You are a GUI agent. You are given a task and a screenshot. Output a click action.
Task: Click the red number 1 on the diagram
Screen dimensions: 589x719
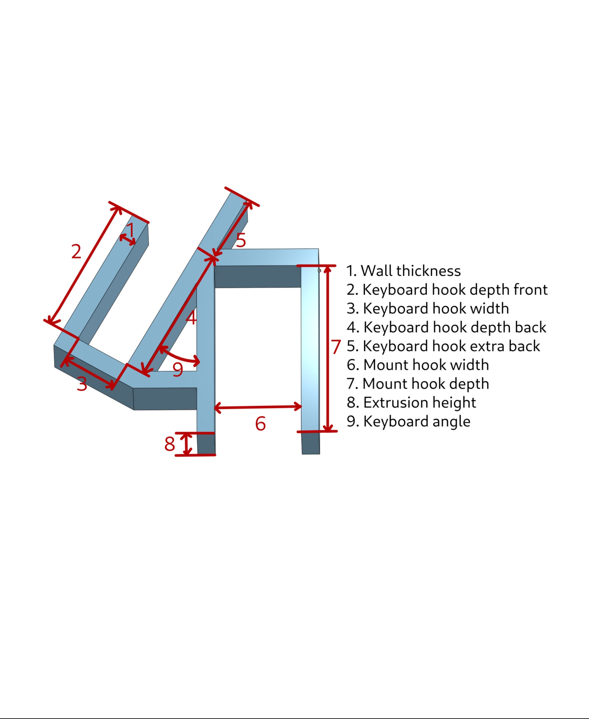[x=131, y=230]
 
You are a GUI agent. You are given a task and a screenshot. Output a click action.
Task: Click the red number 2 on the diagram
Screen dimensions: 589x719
[x=76, y=251]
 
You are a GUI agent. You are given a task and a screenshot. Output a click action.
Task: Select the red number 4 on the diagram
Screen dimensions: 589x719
[x=191, y=317]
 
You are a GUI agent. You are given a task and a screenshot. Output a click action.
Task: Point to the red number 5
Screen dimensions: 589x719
[x=241, y=240]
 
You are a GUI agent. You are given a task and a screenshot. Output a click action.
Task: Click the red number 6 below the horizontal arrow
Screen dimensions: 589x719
[x=260, y=423]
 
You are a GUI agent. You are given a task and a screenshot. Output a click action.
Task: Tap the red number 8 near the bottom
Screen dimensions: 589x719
[x=169, y=444]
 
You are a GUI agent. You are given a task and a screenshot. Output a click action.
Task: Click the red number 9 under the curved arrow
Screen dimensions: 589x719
[x=178, y=369]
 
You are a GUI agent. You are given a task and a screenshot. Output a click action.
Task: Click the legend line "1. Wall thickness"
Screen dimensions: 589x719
[x=404, y=271]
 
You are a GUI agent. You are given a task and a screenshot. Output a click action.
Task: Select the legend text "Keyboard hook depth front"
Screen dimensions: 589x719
[x=455, y=290]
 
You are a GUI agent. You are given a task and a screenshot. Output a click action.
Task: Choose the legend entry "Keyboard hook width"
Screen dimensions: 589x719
[x=436, y=308]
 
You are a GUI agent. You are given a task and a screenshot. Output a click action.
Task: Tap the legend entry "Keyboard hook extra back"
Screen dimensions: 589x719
[x=451, y=346]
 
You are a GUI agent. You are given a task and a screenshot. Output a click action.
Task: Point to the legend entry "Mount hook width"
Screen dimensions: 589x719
[x=426, y=365]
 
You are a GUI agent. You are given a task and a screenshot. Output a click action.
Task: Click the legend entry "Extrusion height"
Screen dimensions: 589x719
[x=420, y=403]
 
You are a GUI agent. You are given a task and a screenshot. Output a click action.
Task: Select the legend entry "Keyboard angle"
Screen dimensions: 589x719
[x=417, y=421]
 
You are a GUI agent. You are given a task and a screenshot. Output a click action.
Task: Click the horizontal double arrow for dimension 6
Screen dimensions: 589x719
[x=258, y=407]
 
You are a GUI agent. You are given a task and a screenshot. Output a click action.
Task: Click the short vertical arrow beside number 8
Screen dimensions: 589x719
[x=185, y=444]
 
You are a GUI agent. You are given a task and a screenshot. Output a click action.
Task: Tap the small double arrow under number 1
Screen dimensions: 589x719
[x=127, y=239]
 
